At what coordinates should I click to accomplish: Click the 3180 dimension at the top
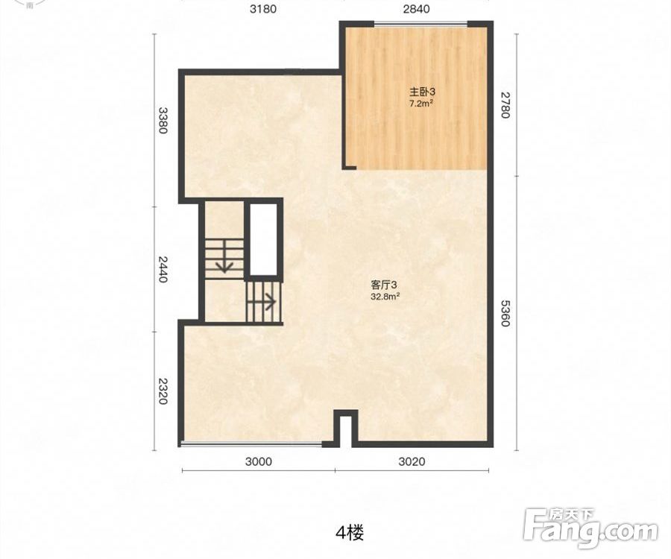click(263, 9)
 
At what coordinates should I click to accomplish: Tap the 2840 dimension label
click(416, 9)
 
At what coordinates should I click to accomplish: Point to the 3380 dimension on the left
click(163, 120)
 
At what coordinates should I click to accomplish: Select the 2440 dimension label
click(163, 269)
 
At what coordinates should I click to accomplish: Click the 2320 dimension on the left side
click(163, 391)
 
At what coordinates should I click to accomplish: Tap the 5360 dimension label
click(505, 313)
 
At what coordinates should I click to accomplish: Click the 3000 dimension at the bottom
click(258, 461)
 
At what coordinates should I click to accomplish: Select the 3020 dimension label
click(412, 461)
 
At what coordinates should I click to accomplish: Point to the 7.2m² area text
click(419, 104)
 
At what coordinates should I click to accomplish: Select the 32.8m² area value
click(385, 297)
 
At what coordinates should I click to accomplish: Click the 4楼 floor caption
click(350, 533)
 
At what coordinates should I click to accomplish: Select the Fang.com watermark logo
click(591, 529)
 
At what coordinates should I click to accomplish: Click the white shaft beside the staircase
click(263, 239)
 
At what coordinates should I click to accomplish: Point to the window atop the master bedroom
click(420, 24)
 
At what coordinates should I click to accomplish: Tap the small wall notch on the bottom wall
click(345, 428)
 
